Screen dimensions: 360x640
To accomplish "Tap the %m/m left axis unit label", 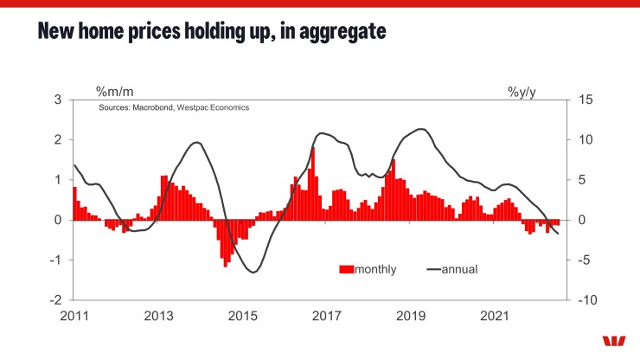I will [114, 91].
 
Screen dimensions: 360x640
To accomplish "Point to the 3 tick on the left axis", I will [58, 100].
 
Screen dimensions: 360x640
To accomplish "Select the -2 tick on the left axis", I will [56, 299].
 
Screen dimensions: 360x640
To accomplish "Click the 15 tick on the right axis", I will [585, 100].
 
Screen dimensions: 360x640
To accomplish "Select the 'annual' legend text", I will [460, 269].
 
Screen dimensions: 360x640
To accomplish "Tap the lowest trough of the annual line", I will [253, 273].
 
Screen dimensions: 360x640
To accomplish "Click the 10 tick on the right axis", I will [585, 140].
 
